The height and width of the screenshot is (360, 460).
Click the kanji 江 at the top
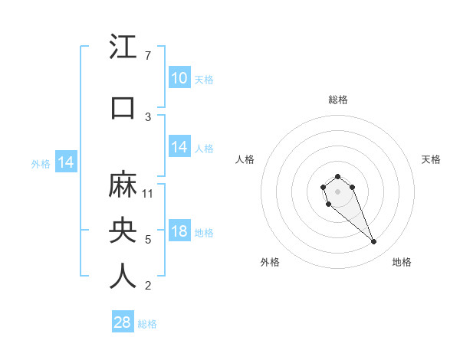click(x=123, y=47)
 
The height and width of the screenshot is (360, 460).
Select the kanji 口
click(x=123, y=107)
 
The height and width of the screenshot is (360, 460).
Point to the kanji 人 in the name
click(x=123, y=277)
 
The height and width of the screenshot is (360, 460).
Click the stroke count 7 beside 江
click(x=147, y=56)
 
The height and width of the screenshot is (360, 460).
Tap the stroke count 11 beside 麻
click(x=149, y=193)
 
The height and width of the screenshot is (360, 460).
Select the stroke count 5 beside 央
click(x=147, y=240)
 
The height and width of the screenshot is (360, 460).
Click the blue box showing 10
click(x=179, y=78)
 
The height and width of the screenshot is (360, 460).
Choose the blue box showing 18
click(x=179, y=232)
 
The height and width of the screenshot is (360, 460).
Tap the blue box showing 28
click(x=123, y=322)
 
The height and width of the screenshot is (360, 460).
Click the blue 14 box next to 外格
click(x=65, y=162)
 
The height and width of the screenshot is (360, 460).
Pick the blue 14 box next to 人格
click(x=179, y=148)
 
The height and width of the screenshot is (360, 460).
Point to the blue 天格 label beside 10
click(x=203, y=79)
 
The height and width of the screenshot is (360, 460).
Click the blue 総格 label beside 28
click(x=147, y=323)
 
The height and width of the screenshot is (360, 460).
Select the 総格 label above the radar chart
click(x=338, y=100)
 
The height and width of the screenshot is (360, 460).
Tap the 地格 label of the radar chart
click(x=402, y=262)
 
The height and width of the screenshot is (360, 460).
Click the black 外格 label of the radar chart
click(x=270, y=262)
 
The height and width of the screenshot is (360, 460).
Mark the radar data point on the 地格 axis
click(x=374, y=242)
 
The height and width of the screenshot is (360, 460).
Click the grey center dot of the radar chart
click(x=337, y=191)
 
